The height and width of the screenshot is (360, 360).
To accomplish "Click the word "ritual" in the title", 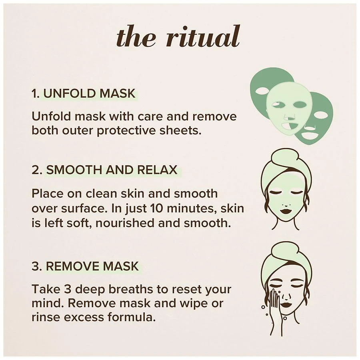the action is pos(203,36).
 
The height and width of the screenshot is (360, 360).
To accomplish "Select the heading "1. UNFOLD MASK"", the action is pos(84,94).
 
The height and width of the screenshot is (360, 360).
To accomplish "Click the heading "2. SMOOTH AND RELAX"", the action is pos(105,170).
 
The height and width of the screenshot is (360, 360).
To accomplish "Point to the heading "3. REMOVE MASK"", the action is pos(85,266).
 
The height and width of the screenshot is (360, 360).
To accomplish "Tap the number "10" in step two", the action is pos(156,208).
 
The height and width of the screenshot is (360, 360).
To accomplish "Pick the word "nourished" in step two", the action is pos(125,223).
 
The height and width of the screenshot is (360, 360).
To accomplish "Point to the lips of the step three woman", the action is pos(286,305).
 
